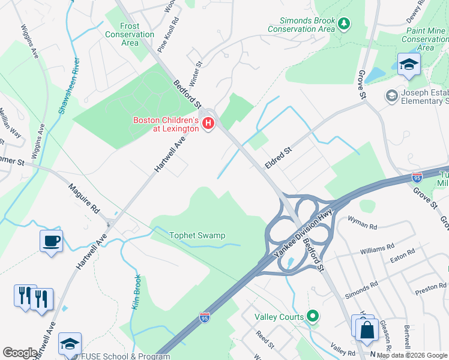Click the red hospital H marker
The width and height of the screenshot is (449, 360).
(x=208, y=124)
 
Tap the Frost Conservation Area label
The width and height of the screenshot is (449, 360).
(x=130, y=34)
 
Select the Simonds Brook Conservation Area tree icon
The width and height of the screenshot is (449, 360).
(x=343, y=24)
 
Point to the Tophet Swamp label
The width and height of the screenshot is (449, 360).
(x=197, y=235)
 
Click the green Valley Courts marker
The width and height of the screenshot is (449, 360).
(x=312, y=316)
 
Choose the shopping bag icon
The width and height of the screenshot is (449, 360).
(x=367, y=329)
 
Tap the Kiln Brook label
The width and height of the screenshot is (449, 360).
(x=136, y=292)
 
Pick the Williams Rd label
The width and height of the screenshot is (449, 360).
(x=377, y=247)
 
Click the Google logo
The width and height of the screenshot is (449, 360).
(x=20, y=353)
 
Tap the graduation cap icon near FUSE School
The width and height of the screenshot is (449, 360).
(x=70, y=344)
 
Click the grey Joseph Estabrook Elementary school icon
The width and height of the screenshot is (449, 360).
(x=391, y=96)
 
